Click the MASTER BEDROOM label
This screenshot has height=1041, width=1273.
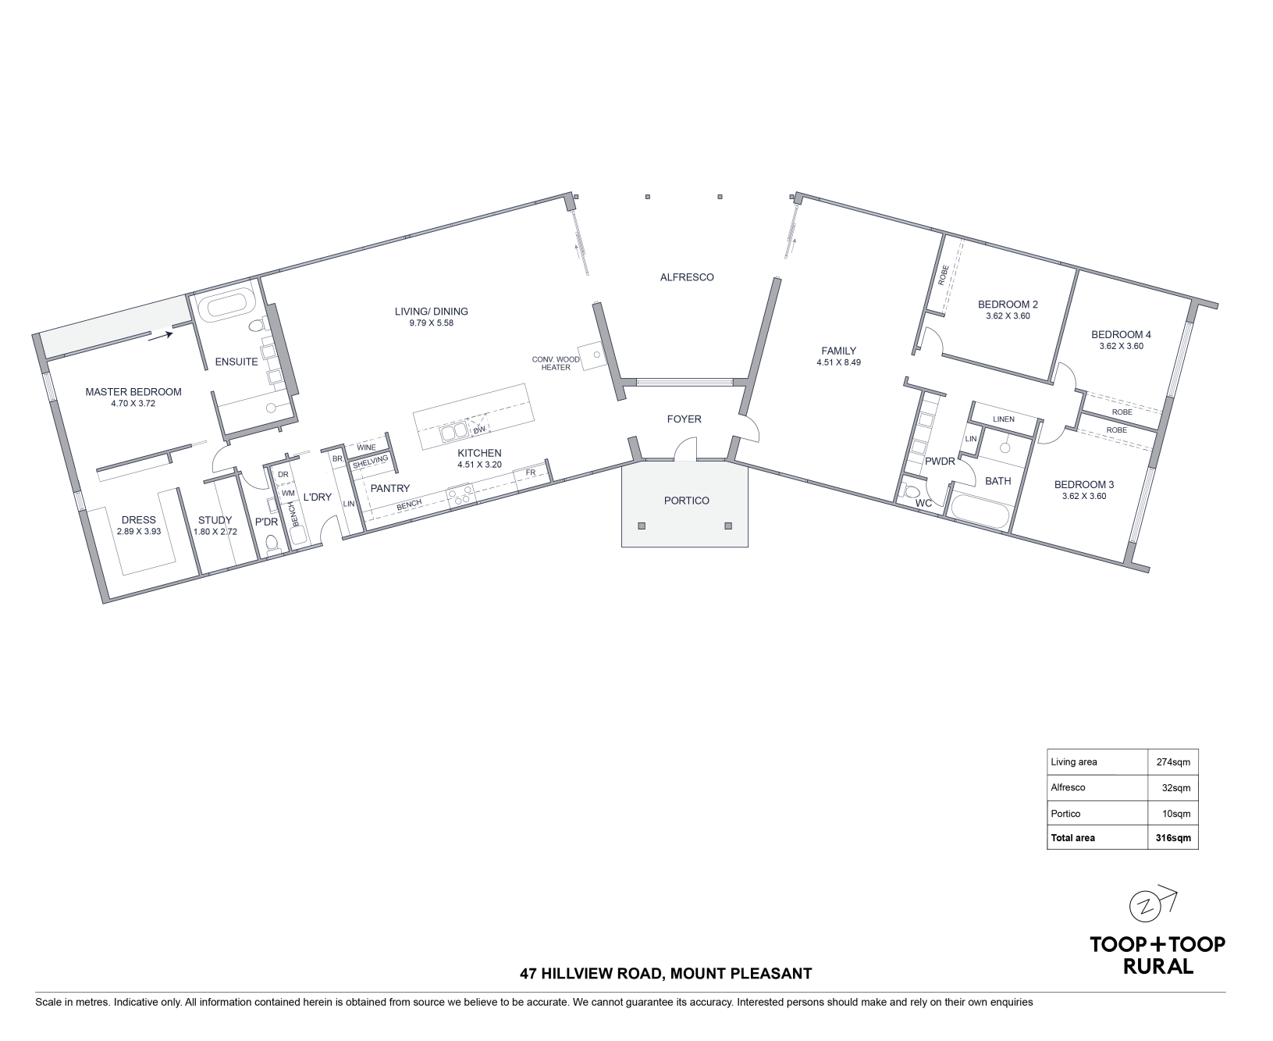[x=133, y=392]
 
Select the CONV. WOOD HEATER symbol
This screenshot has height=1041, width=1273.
[x=591, y=355]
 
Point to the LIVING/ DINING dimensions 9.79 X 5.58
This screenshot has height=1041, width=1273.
[x=431, y=323]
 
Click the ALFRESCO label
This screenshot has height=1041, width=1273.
[x=687, y=277]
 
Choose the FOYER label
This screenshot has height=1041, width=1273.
[x=684, y=419]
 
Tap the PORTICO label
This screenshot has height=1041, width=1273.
[x=687, y=501]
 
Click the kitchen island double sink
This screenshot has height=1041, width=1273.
[x=453, y=431]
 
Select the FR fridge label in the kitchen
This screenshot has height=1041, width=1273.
[x=531, y=472]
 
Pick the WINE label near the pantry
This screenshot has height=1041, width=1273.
[x=366, y=447]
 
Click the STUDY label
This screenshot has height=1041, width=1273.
[x=215, y=520]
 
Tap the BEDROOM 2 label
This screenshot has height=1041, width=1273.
[x=1008, y=305]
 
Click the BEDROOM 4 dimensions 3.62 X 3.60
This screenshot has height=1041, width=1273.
[x=1121, y=346]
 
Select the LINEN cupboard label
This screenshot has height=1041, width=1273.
[x=1004, y=419]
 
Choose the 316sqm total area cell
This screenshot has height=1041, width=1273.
[x=1173, y=838]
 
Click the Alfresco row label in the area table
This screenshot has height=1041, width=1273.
[x=1069, y=788]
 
